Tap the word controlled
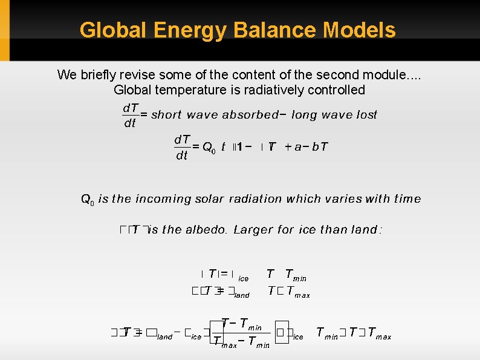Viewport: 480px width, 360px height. tap(337, 90)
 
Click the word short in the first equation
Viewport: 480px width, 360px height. tap(166, 115)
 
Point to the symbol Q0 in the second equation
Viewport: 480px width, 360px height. tap(209, 147)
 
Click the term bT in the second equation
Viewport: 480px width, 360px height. tap(320, 146)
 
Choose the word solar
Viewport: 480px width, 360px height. tap(209, 198)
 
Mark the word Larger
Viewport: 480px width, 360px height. tap(253, 229)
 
